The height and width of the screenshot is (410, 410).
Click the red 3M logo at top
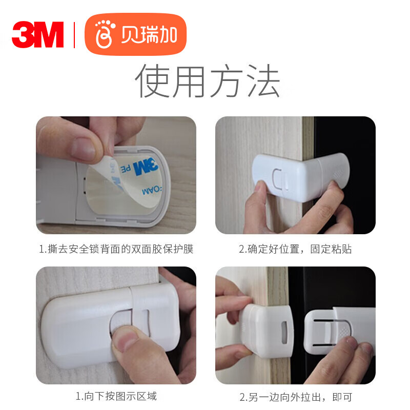(x=37, y=34)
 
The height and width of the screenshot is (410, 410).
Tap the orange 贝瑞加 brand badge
(x=135, y=34)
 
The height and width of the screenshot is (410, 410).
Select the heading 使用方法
(x=208, y=80)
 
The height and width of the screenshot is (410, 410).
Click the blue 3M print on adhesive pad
(x=146, y=166)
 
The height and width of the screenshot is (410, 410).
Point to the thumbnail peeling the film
(x=116, y=175)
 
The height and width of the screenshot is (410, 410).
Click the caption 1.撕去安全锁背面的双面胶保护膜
(x=116, y=249)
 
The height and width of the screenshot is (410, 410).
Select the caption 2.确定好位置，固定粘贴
(x=295, y=249)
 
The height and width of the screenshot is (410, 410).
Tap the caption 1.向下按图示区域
(x=116, y=396)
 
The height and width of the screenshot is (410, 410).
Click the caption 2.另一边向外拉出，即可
(x=296, y=397)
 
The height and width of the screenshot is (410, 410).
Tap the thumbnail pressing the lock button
(x=116, y=325)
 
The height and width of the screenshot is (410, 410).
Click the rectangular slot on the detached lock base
(x=284, y=332)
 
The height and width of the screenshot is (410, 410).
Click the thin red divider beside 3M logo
(x=74, y=35)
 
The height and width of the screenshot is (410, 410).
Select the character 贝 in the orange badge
(x=130, y=34)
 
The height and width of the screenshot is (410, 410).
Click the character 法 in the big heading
(x=264, y=80)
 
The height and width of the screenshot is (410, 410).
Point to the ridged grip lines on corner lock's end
(x=339, y=173)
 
